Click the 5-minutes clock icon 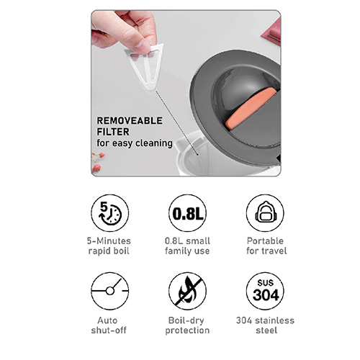pyautogui.click(x=110, y=213)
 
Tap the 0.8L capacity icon pyautogui.click(x=187, y=213)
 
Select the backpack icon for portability pyautogui.click(x=265, y=213)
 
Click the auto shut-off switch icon pyautogui.click(x=110, y=291)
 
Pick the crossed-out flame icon pyautogui.click(x=187, y=291)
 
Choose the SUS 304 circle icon pyautogui.click(x=265, y=291)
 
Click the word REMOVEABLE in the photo pyautogui.click(x=130, y=121)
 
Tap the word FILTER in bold pyautogui.click(x=113, y=132)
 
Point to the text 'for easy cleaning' pyautogui.click(x=135, y=143)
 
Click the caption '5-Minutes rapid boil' pyautogui.click(x=109, y=246)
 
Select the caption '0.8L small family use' pyautogui.click(x=187, y=246)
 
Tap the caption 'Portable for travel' pyautogui.click(x=266, y=246)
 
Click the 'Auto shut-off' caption pyautogui.click(x=109, y=325)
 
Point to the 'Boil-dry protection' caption pyautogui.click(x=187, y=325)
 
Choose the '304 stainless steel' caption pyautogui.click(x=265, y=325)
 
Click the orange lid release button pyautogui.click(x=251, y=109)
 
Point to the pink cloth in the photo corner pyautogui.click(x=271, y=32)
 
